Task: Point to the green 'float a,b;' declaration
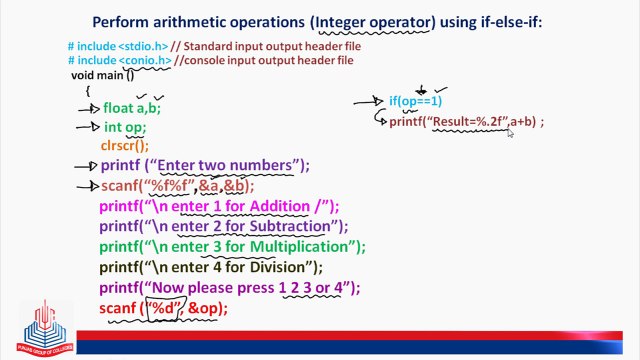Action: (131, 108)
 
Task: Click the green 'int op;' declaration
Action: (124, 127)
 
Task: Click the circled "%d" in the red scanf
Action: (164, 308)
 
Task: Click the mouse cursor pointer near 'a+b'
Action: (509, 131)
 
